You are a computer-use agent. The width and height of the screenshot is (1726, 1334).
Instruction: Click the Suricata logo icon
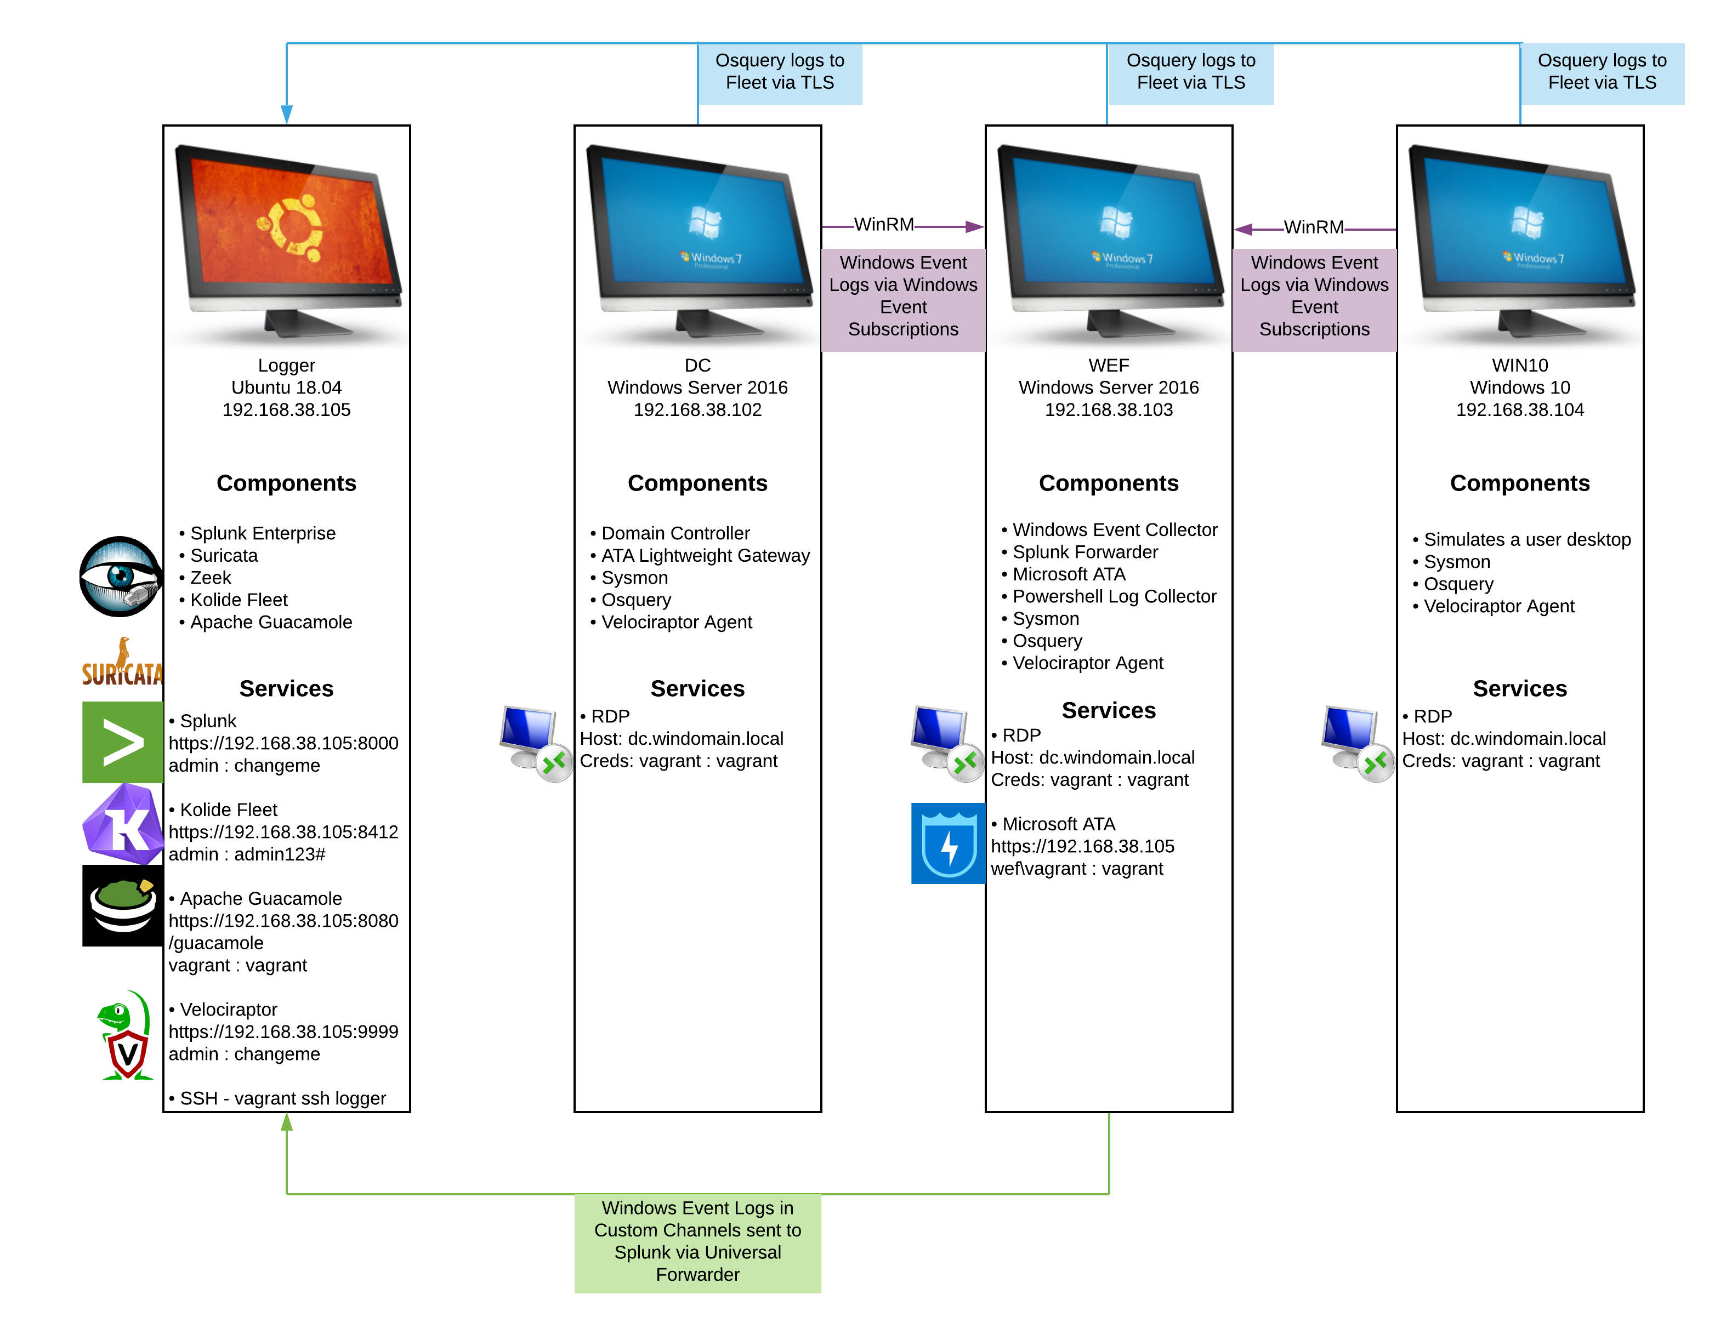point(122,660)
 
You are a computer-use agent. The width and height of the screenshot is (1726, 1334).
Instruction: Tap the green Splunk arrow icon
point(122,743)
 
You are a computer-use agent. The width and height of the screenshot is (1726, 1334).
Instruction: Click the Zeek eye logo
point(120,577)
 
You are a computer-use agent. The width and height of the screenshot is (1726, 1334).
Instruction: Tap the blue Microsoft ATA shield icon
point(949,843)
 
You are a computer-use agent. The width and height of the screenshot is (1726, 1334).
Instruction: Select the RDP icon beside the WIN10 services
point(1355,743)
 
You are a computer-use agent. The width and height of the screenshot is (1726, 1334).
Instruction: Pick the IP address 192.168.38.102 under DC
point(697,410)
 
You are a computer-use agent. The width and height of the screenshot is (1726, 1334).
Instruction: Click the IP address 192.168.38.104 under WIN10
point(1519,410)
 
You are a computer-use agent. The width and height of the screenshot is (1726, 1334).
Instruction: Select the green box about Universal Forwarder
point(697,1242)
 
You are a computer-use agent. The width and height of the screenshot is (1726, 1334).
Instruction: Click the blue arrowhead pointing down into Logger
point(287,115)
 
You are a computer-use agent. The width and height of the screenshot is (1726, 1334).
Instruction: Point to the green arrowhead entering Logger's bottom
point(287,1121)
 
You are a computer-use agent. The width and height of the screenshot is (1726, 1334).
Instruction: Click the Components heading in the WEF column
point(1108,483)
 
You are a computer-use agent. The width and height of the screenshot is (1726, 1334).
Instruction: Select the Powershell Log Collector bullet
point(1114,597)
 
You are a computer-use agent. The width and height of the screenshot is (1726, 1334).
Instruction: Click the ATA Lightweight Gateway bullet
point(705,556)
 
